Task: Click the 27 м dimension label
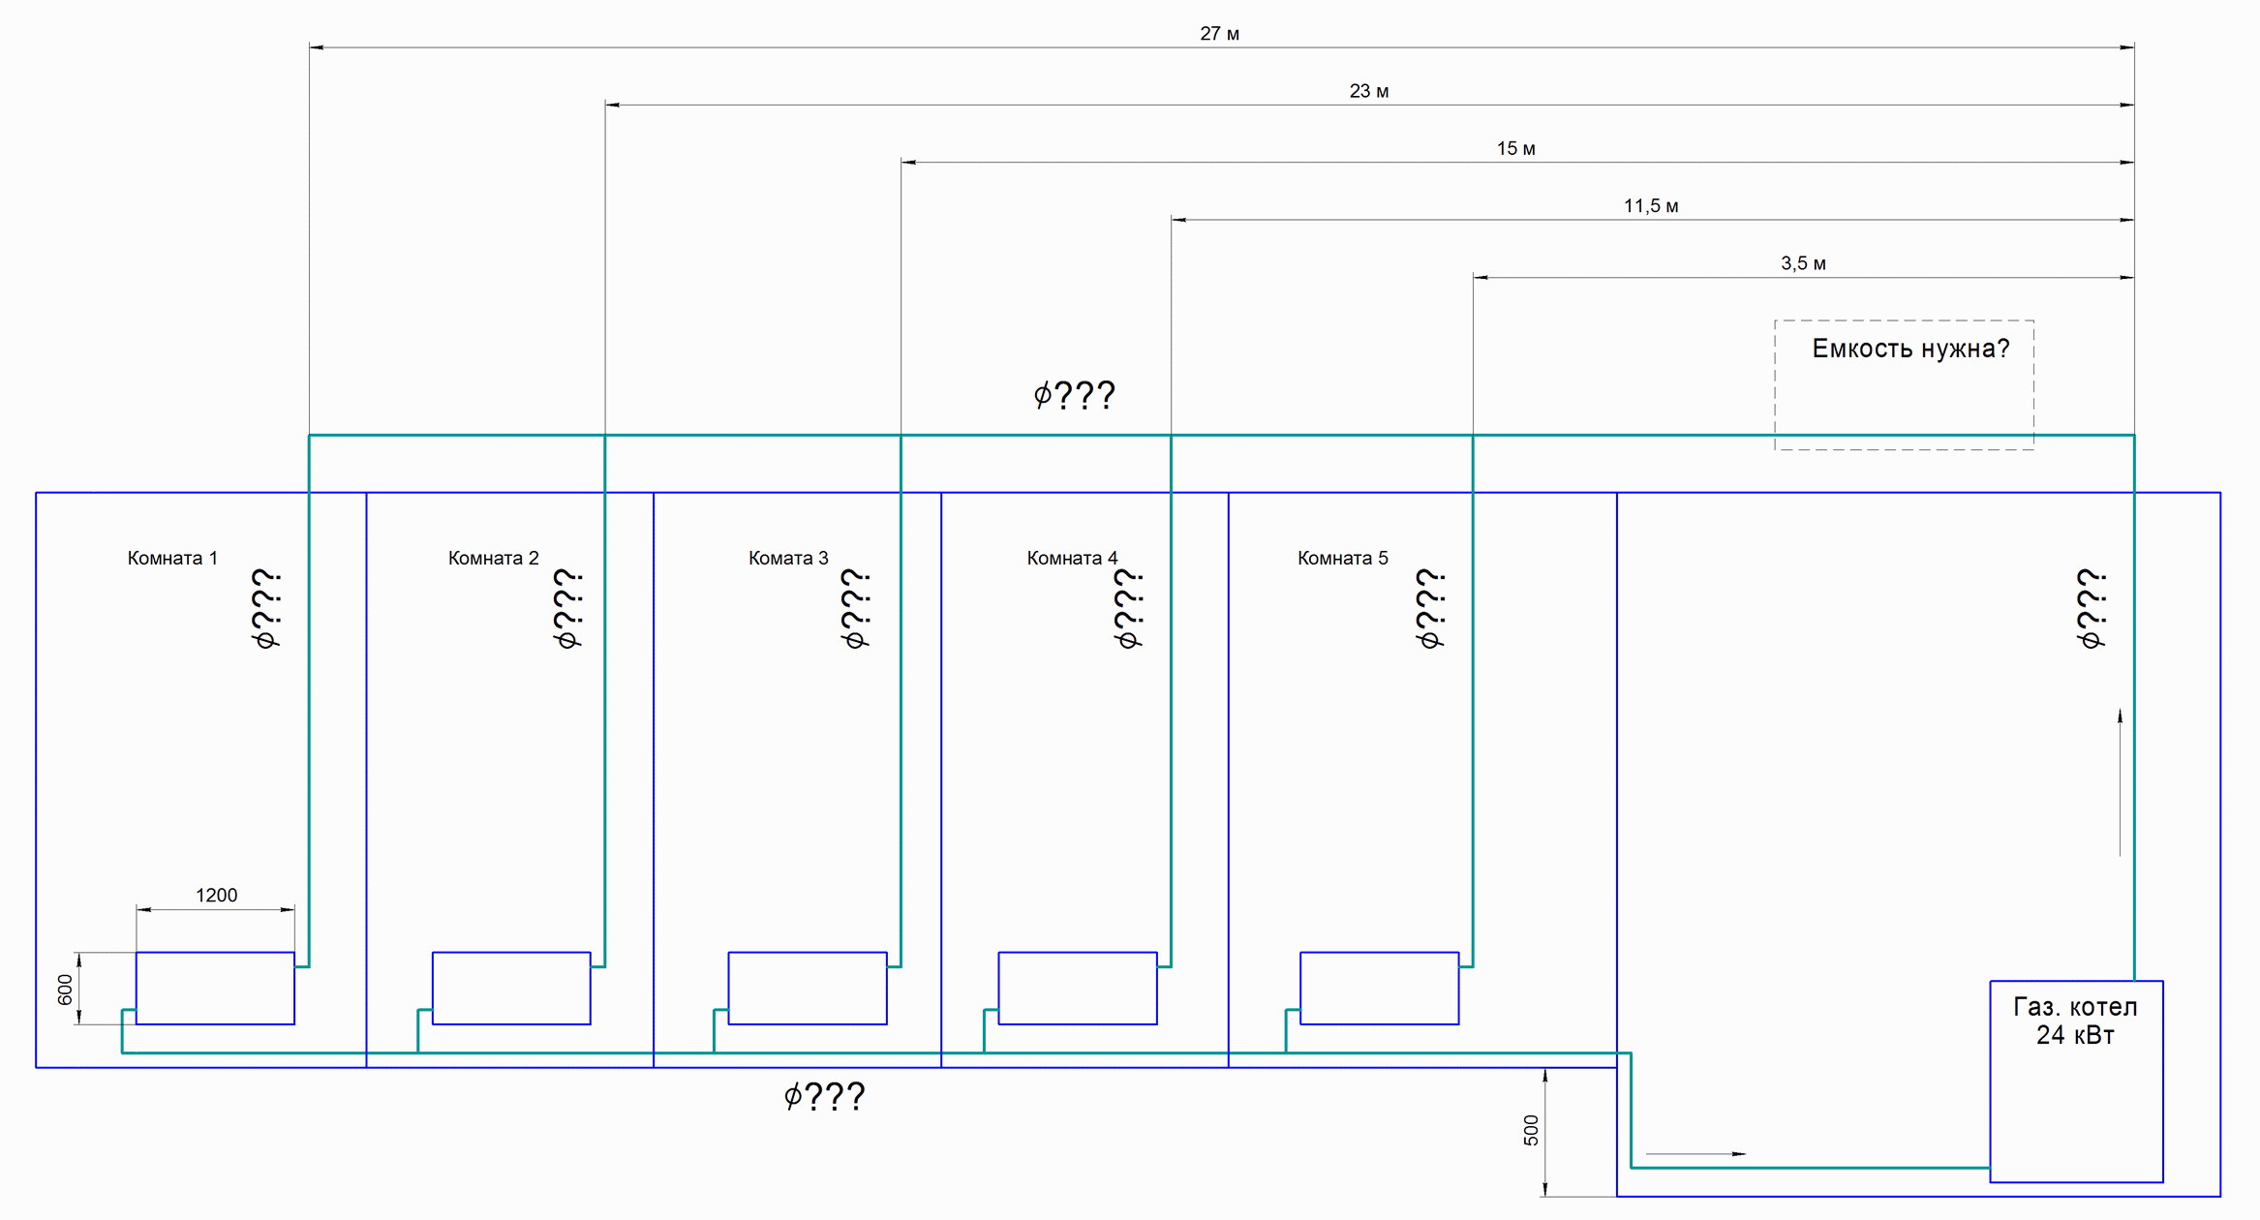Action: tap(1219, 34)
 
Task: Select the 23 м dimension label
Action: tap(1368, 91)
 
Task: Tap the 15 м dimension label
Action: tap(1515, 148)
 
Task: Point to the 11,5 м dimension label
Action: tap(1651, 206)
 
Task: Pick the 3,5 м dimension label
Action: tap(1803, 263)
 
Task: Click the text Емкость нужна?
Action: tap(1910, 349)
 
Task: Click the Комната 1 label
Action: tap(172, 558)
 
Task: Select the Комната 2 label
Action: tap(493, 558)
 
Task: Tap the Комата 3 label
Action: tap(788, 558)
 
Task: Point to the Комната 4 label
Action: tap(1072, 558)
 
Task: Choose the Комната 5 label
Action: tap(1342, 558)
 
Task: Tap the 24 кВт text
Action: tap(2075, 1035)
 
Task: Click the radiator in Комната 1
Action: tap(215, 988)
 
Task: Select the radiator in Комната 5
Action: tap(1379, 988)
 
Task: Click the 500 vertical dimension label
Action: tap(1531, 1130)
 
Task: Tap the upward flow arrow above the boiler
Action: tap(2120, 782)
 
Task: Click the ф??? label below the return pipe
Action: tap(824, 1096)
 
